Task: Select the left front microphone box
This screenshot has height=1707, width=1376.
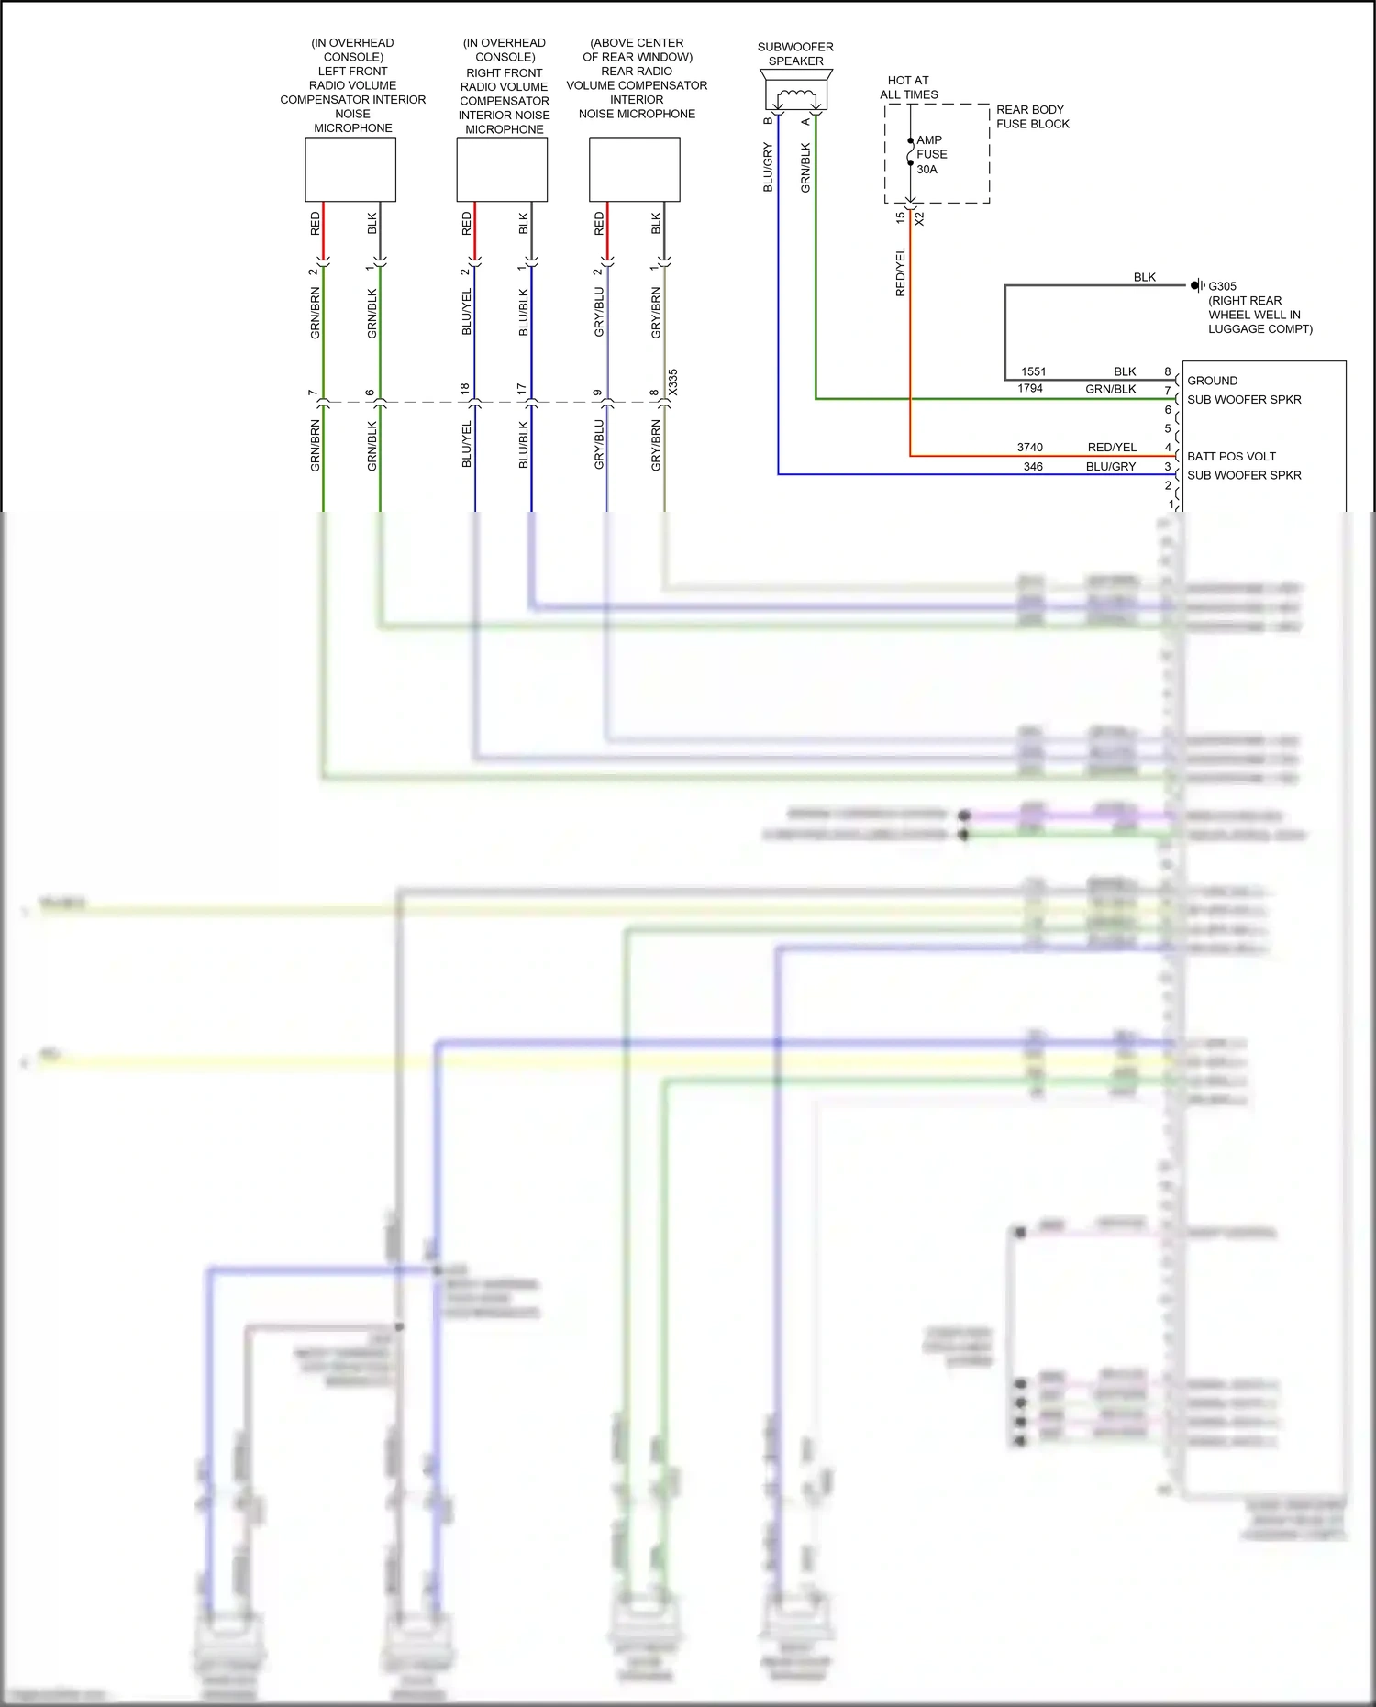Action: click(x=350, y=170)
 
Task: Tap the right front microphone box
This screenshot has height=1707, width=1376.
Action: click(x=502, y=170)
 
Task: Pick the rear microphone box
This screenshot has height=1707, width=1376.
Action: click(x=635, y=170)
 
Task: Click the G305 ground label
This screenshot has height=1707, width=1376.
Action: click(x=1222, y=286)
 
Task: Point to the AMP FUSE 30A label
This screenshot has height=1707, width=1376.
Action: click(x=931, y=155)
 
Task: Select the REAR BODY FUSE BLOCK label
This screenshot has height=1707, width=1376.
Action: click(x=1033, y=116)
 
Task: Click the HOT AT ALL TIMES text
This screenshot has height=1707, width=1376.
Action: click(x=908, y=87)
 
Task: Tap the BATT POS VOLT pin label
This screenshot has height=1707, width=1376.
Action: click(x=1231, y=456)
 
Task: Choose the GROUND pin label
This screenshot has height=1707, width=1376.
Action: click(x=1212, y=381)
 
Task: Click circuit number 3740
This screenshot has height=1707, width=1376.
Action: click(x=1030, y=448)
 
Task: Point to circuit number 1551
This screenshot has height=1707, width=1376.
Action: click(x=1034, y=371)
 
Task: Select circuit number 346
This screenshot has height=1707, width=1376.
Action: click(x=1033, y=467)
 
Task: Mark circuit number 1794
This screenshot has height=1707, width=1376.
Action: click(x=1030, y=389)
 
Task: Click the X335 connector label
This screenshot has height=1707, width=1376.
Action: click(x=672, y=382)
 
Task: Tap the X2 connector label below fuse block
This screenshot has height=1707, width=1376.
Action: click(x=919, y=219)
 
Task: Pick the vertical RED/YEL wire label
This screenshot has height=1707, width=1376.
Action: click(x=900, y=272)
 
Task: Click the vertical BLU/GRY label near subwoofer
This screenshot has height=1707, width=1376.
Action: click(x=768, y=167)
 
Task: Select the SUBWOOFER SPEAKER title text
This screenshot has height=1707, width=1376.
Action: click(x=795, y=54)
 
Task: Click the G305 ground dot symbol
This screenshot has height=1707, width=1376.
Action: click(x=1194, y=285)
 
